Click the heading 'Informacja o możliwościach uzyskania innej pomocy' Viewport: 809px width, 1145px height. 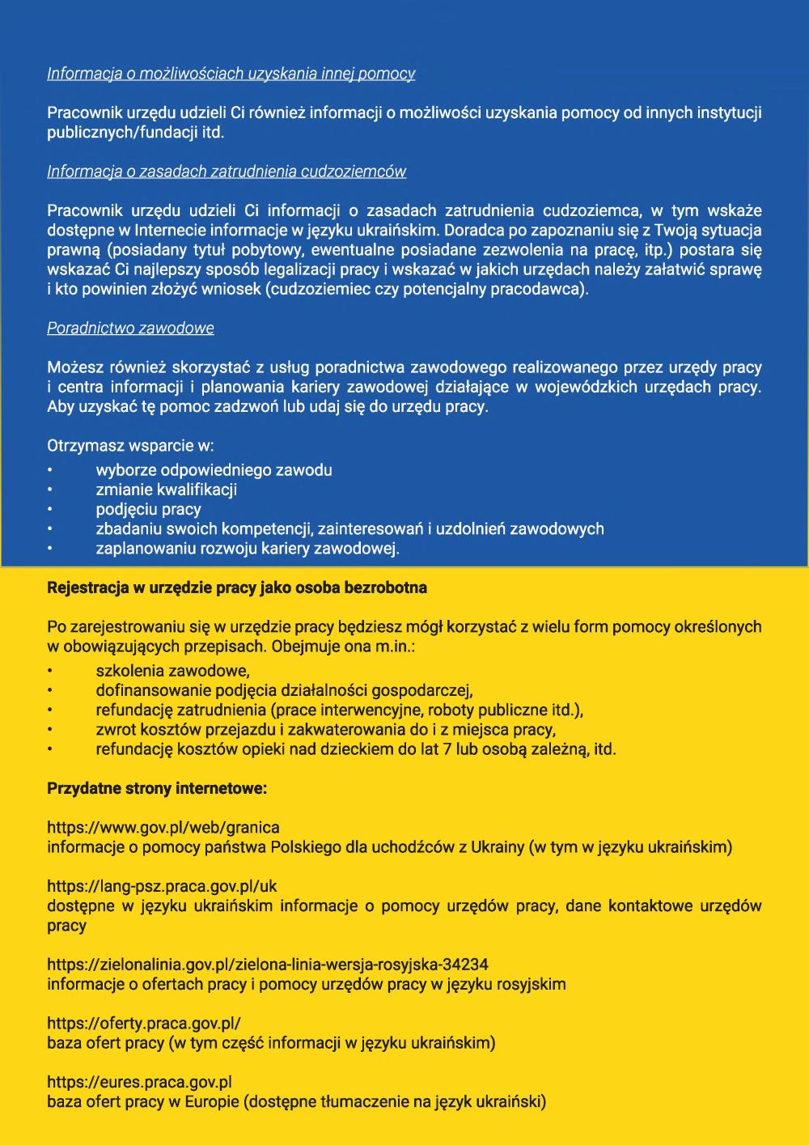[x=231, y=74]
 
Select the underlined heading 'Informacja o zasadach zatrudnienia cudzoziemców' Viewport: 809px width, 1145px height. [x=227, y=172]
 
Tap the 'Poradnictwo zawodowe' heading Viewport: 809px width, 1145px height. [x=130, y=329]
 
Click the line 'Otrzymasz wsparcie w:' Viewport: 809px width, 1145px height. [x=130, y=446]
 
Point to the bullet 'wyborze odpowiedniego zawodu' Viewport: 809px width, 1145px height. [x=214, y=470]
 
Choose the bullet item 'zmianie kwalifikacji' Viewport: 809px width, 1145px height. [x=166, y=490]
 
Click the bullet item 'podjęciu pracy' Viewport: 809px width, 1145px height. [x=148, y=509]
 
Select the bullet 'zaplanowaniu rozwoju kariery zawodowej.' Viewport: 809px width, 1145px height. [x=248, y=549]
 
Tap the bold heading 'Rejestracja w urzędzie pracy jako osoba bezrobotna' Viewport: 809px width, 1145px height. [x=237, y=587]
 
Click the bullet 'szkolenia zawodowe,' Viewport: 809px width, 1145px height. [x=172, y=671]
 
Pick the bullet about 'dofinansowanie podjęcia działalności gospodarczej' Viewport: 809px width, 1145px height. [x=284, y=690]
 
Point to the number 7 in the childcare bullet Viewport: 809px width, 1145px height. [x=447, y=749]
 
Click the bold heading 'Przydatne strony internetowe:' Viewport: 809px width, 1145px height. [x=157, y=788]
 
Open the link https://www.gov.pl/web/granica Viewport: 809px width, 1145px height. [x=163, y=828]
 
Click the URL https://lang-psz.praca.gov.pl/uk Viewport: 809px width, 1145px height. [x=162, y=886]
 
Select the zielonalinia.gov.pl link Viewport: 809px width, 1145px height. [x=268, y=965]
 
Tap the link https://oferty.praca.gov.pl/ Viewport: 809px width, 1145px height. [x=144, y=1023]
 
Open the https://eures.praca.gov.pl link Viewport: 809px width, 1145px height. [x=139, y=1082]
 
